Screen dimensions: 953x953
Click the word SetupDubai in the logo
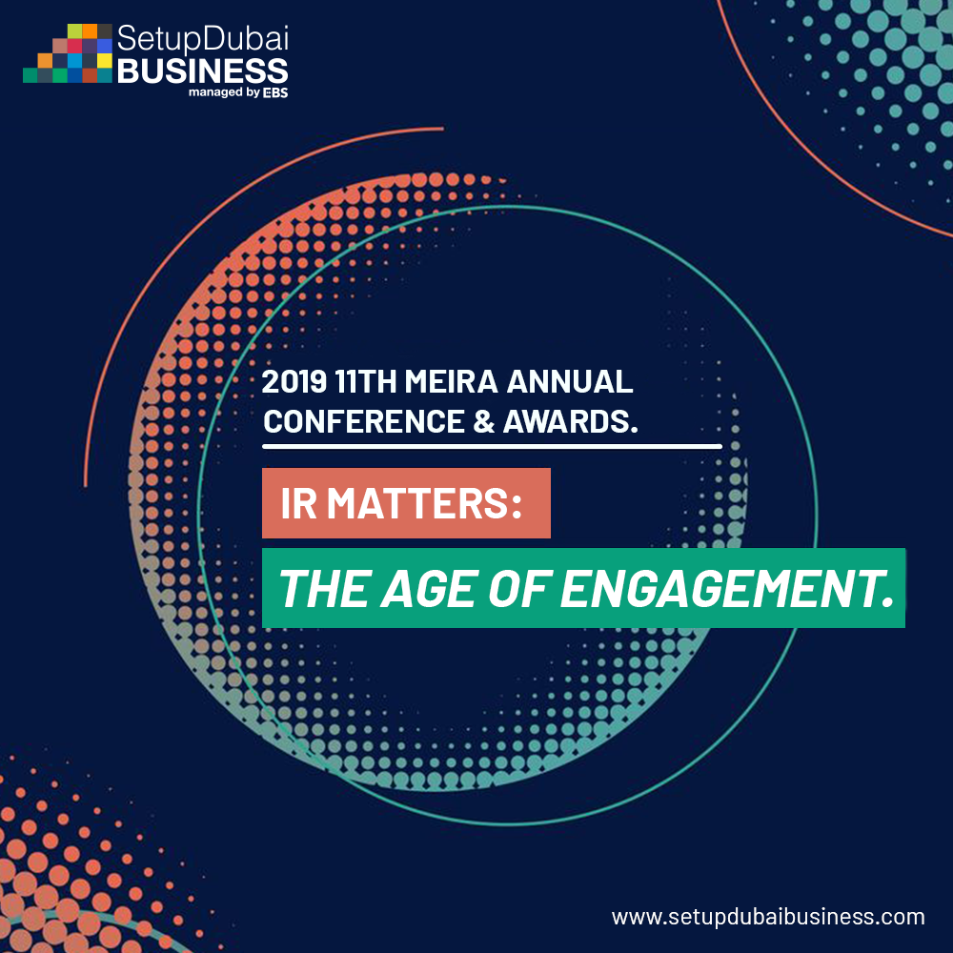tap(202, 39)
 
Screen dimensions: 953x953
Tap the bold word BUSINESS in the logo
tap(202, 71)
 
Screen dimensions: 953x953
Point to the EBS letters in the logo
tap(275, 92)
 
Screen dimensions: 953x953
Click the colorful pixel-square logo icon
tap(68, 52)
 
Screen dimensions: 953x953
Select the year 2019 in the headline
tap(294, 382)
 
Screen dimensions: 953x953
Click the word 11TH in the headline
tap(365, 382)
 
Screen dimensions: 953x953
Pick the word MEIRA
tap(451, 382)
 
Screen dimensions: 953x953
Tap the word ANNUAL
tap(570, 382)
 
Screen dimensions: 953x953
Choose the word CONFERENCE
tap(364, 421)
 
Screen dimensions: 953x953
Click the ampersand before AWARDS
tap(484, 421)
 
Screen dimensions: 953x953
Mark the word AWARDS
tap(571, 421)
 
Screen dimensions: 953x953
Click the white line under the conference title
tap(493, 447)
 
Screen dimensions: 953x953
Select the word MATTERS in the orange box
tap(424, 503)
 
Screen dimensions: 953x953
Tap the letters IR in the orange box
tap(298, 503)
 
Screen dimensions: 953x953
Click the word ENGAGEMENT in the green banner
tap(727, 589)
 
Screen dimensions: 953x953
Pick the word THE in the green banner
tap(324, 589)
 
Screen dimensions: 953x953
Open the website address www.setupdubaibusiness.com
tap(768, 917)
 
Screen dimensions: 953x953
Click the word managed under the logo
tap(215, 92)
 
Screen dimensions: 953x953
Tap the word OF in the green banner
tap(519, 589)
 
